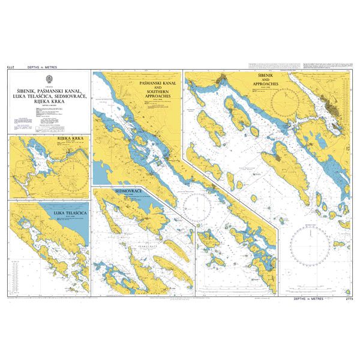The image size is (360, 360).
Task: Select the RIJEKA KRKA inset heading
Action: (69, 139)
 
